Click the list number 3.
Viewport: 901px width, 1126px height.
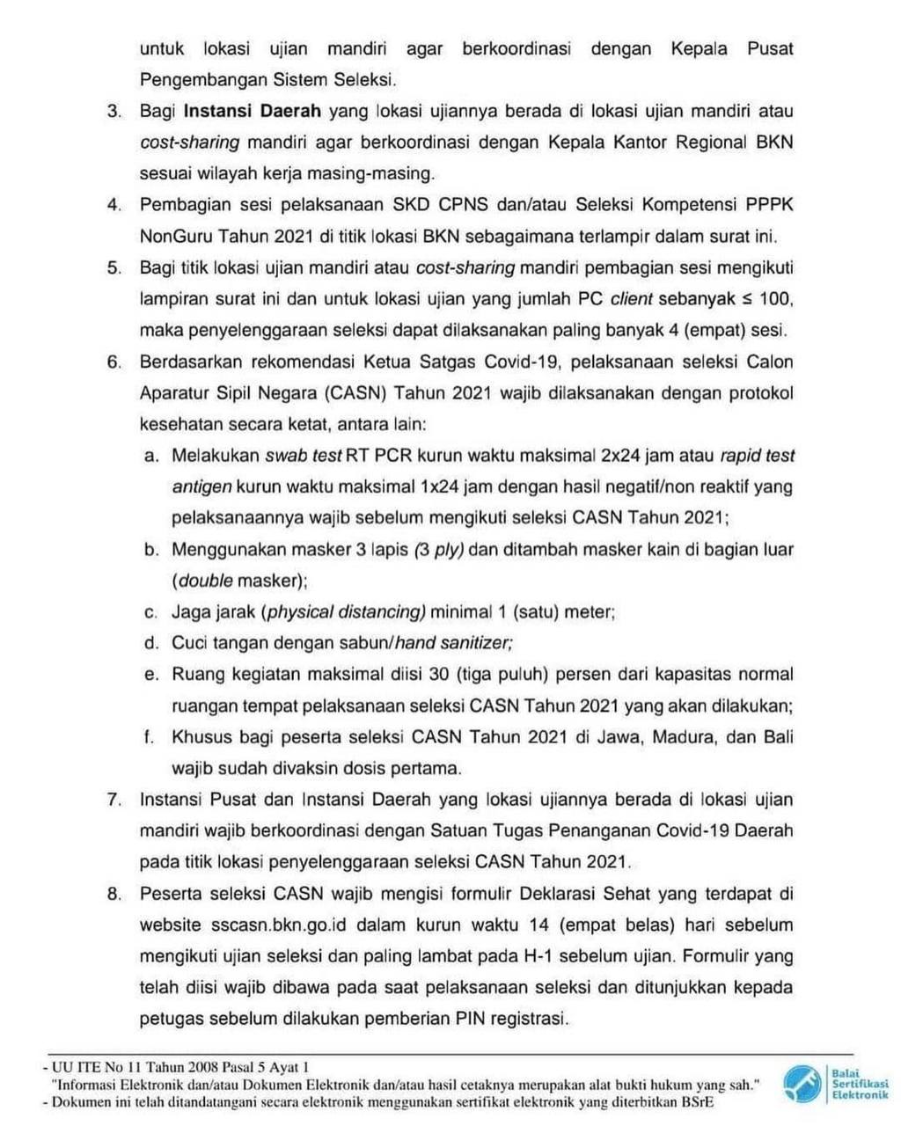(114, 112)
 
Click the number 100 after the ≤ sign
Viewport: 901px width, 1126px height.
(775, 298)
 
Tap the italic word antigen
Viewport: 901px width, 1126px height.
(201, 486)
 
